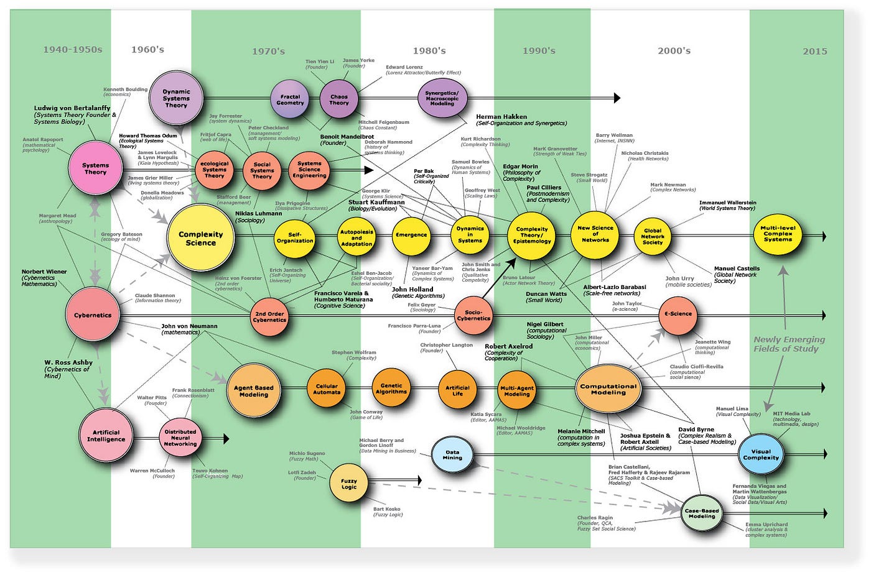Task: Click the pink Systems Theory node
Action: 95,168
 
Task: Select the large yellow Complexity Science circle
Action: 200,238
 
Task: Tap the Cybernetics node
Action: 93,315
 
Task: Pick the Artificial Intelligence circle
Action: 106,436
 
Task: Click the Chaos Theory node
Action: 339,99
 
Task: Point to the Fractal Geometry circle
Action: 290,99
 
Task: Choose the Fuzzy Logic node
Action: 349,484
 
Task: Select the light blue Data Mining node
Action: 452,455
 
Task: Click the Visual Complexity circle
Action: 760,454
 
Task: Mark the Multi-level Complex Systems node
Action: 778,234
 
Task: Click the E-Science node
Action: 678,315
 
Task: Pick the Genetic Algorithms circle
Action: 391,389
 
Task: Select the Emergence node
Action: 411,235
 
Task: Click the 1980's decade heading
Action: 429,50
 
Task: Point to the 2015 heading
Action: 814,51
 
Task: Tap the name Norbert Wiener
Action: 44,272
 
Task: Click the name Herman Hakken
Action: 501,116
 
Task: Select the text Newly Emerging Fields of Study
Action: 789,344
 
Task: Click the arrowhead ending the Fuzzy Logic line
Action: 417,480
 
